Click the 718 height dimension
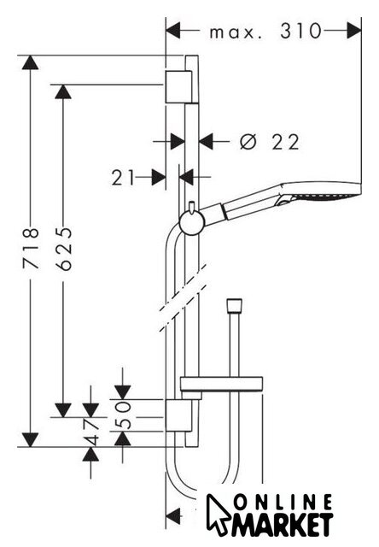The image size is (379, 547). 31,248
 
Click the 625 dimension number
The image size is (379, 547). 64,248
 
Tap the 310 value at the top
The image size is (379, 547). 300,31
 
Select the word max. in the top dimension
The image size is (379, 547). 235,32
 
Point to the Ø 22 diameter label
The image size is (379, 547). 270,142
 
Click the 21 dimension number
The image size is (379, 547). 123,177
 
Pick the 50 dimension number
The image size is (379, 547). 123,415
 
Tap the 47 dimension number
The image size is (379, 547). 91,432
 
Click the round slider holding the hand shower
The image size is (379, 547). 191,223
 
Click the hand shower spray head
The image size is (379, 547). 320,192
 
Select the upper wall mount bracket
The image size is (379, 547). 178,87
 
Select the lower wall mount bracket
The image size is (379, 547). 178,415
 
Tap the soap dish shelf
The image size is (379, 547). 221,384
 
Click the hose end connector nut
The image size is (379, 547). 234,306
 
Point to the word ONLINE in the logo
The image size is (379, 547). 283,503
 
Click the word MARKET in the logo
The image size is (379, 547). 283,525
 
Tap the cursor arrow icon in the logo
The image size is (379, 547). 218,514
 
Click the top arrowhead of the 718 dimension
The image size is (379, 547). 31,62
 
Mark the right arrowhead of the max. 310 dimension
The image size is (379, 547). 354,31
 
